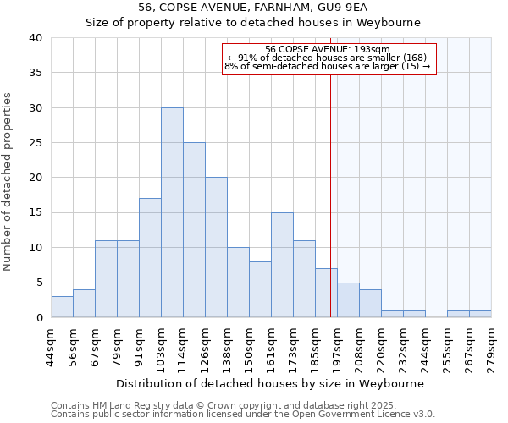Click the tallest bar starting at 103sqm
(172, 212)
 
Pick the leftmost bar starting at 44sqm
(62, 307)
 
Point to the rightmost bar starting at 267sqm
(480, 314)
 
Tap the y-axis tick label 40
(35, 38)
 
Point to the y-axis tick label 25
(35, 143)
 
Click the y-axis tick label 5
(38, 283)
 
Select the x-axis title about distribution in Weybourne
(269, 383)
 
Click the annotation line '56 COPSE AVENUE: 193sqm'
(328, 49)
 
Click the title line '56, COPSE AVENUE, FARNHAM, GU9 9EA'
(253, 8)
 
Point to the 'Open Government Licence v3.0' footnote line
(243, 415)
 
